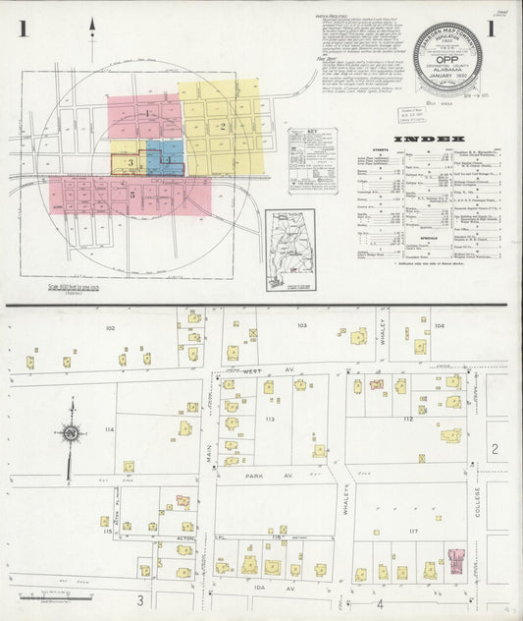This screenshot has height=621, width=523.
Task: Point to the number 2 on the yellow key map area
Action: point(223,126)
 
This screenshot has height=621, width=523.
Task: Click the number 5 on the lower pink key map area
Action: point(131,196)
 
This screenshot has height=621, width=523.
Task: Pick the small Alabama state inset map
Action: point(290,250)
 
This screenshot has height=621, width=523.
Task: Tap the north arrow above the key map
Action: point(92,37)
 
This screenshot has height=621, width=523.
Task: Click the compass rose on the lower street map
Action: point(71,433)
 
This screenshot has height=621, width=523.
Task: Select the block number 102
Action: point(110,327)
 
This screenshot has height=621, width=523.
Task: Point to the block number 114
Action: point(109,430)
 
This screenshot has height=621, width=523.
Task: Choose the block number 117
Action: point(414,533)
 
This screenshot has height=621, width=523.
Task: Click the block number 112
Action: point(406,419)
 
